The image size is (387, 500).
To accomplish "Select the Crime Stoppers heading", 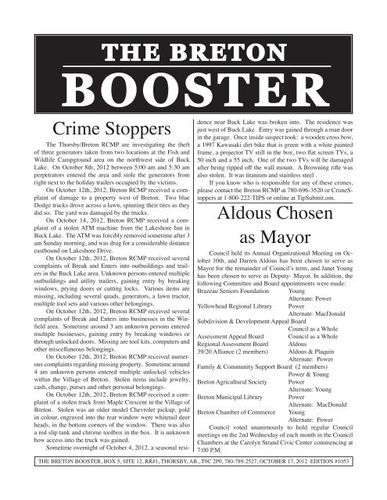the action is click(99, 127).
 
